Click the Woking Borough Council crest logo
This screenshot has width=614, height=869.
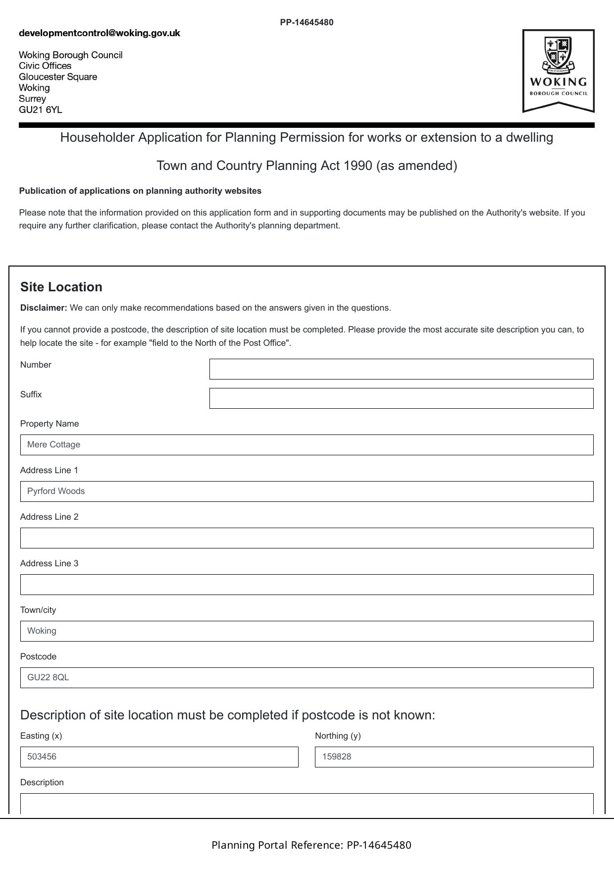click(x=558, y=70)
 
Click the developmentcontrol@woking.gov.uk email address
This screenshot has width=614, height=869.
click(x=100, y=33)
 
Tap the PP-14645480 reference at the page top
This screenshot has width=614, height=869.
click(x=307, y=22)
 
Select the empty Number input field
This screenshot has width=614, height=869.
click(x=401, y=369)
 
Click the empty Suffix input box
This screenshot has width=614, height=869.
click(x=401, y=398)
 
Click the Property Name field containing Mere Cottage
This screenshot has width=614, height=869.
click(x=307, y=445)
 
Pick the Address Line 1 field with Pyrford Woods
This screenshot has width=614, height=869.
click(x=307, y=491)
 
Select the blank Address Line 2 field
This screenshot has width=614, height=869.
click(x=307, y=538)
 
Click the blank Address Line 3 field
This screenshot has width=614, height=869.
click(x=307, y=585)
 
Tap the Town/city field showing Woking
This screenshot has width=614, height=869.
click(x=307, y=631)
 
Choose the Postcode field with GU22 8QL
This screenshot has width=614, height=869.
click(x=307, y=678)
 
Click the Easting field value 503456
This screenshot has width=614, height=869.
click(x=159, y=757)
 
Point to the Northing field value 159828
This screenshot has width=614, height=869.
click(x=454, y=757)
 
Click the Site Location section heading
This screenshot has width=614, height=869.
click(x=61, y=287)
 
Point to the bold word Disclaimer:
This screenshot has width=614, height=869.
click(x=44, y=308)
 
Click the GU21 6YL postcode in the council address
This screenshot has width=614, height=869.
click(x=41, y=109)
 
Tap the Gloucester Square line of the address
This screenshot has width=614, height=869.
click(x=58, y=77)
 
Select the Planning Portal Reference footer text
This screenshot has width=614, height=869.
click(x=311, y=845)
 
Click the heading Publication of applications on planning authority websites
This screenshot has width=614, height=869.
click(x=140, y=191)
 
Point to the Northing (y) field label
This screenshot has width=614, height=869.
click(x=338, y=736)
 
